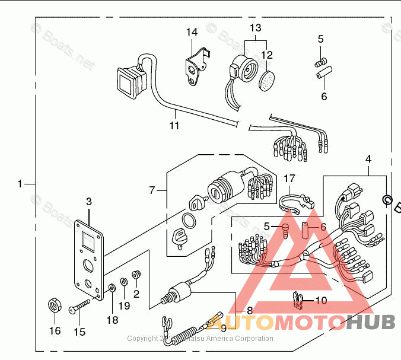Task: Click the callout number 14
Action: tap(192, 32)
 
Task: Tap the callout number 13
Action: tap(255, 28)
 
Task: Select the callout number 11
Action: tap(174, 125)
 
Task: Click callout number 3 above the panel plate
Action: tap(89, 202)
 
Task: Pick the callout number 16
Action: tap(55, 330)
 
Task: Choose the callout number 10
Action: tap(321, 300)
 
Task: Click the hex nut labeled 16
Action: tap(55, 307)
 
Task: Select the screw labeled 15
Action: tap(78, 308)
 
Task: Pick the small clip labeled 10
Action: tap(298, 301)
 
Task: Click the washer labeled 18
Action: tap(112, 288)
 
